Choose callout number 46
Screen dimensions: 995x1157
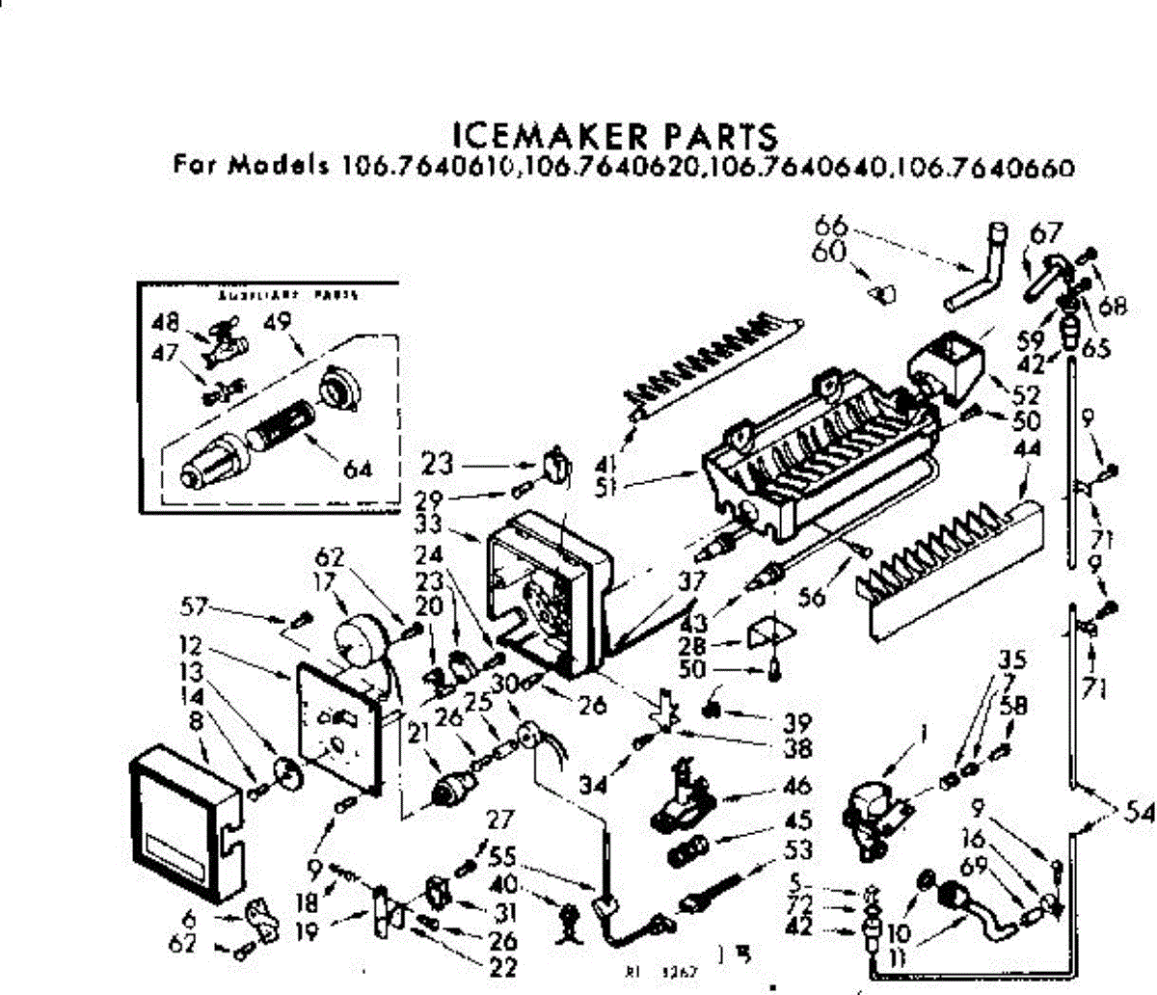pyautogui.click(x=796, y=786)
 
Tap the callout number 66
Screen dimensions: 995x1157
pyautogui.click(x=829, y=228)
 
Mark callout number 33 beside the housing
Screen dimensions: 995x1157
pyautogui.click(x=452, y=524)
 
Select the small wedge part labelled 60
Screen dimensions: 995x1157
pyautogui.click(x=879, y=291)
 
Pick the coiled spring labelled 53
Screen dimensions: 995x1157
pyautogui.click(x=714, y=892)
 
